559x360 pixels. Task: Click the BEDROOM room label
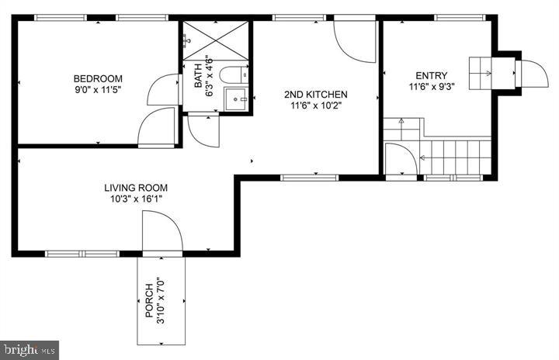[98, 78]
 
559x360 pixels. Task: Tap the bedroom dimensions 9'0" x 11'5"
[98, 90]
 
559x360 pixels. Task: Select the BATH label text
[198, 76]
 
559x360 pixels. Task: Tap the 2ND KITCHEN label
[315, 95]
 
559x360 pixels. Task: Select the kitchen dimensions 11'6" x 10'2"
[315, 106]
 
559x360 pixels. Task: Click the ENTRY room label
[431, 75]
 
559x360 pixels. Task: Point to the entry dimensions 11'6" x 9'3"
[431, 87]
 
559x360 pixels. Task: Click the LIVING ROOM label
[136, 188]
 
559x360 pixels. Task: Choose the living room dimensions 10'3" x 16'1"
[136, 199]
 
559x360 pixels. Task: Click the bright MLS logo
[30, 349]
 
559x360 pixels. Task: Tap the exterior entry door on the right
[533, 74]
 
